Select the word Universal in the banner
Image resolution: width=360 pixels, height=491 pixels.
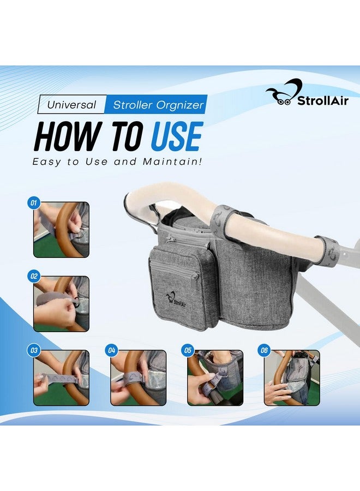click(x=71, y=104)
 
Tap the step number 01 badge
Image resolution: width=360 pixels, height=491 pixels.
click(x=34, y=203)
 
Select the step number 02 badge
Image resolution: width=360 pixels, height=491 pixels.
click(x=34, y=276)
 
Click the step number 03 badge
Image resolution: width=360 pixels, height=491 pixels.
click(x=34, y=350)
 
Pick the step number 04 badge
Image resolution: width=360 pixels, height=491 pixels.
click(x=111, y=350)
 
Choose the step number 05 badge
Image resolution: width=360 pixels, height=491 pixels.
click(x=188, y=350)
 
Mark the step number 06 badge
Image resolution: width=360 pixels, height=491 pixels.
click(x=265, y=350)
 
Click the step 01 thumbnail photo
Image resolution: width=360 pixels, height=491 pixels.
click(x=61, y=230)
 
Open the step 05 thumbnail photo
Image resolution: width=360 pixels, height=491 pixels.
click(x=215, y=378)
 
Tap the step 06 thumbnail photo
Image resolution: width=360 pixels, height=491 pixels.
click(x=292, y=378)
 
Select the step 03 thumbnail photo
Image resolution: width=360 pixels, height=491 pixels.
click(x=61, y=378)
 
